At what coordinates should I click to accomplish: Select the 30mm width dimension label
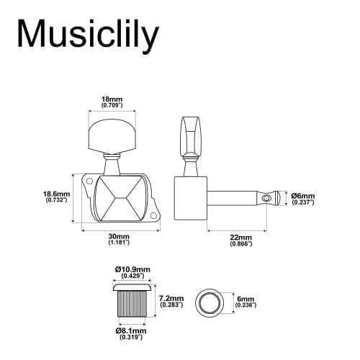point(120,237)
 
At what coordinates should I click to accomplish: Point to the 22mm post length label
point(240,237)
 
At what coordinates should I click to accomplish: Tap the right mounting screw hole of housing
point(156,214)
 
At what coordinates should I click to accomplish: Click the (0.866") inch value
point(240,245)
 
